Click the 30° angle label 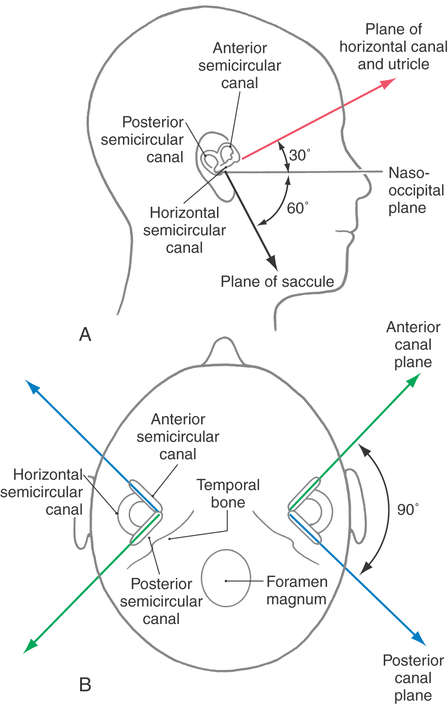299,155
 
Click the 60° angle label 297,208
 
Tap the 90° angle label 407,510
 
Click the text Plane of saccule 277,282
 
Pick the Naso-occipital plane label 415,190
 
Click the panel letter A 85,335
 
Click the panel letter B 85,684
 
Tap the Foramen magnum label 297,590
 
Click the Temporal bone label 228,494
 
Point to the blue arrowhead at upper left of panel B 32,387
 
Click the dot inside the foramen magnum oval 226,581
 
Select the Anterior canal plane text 413,344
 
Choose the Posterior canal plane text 413,677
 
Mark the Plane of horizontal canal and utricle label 393,47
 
